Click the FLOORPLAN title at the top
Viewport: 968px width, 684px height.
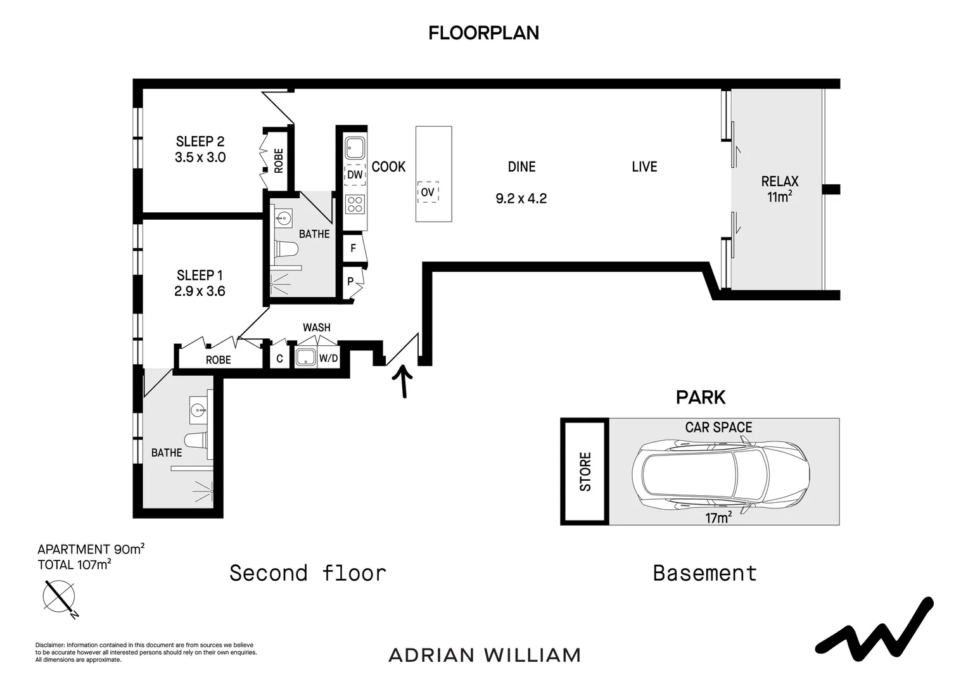point(483,33)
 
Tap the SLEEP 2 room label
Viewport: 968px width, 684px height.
point(200,141)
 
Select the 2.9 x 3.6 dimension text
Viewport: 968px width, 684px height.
point(200,291)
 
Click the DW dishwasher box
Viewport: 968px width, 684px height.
point(355,175)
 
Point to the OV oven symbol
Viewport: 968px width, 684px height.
point(428,192)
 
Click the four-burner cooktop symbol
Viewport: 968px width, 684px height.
point(355,205)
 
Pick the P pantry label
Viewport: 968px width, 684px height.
point(350,281)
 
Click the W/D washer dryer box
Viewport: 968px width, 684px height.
point(328,358)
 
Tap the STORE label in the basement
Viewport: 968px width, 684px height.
point(585,471)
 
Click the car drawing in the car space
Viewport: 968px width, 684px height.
point(720,474)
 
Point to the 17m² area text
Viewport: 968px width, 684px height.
point(718,517)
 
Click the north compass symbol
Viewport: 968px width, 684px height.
point(60,597)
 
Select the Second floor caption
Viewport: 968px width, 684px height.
point(308,573)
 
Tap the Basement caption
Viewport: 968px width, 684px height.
point(705,573)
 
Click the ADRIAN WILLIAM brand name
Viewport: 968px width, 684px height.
point(484,655)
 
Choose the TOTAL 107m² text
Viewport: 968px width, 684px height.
point(74,564)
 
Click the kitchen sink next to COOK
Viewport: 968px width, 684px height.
point(355,148)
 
